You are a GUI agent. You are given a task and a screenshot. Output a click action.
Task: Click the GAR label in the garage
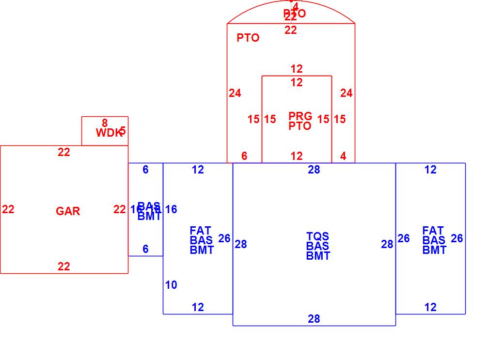pyautogui.click(x=68, y=211)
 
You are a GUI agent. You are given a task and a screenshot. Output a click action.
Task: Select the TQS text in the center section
pyautogui.click(x=317, y=236)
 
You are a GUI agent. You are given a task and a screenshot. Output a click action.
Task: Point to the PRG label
pyautogui.click(x=300, y=116)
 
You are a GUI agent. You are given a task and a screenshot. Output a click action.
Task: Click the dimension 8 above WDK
pyautogui.click(x=105, y=124)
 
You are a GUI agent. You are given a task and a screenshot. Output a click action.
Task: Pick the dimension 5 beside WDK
pyautogui.click(x=123, y=131)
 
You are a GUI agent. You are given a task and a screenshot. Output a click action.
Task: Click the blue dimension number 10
pyautogui.click(x=171, y=285)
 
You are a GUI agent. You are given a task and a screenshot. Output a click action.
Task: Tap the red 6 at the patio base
pyautogui.click(x=244, y=156)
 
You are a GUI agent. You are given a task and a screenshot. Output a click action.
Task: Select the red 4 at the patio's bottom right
pyautogui.click(x=343, y=156)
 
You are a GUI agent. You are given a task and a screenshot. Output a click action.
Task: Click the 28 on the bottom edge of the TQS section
pyautogui.click(x=314, y=319)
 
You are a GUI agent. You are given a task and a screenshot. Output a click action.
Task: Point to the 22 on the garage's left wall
pyautogui.click(x=8, y=209)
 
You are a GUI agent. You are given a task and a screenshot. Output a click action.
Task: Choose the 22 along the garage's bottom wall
pyautogui.click(x=64, y=266)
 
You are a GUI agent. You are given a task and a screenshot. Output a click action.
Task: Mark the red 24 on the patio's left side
pyautogui.click(x=235, y=93)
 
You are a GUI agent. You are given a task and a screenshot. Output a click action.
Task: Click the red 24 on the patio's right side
pyautogui.click(x=346, y=93)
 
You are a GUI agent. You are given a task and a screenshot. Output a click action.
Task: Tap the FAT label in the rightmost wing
pyautogui.click(x=433, y=231)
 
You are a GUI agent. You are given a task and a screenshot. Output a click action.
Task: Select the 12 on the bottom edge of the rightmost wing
pyautogui.click(x=430, y=307)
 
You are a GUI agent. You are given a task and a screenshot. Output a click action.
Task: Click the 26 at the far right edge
pyautogui.click(x=457, y=238)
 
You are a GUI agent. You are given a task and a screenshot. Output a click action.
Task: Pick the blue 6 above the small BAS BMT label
pyautogui.click(x=145, y=170)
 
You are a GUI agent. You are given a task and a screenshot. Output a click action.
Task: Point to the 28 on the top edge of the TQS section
pyautogui.click(x=314, y=170)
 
